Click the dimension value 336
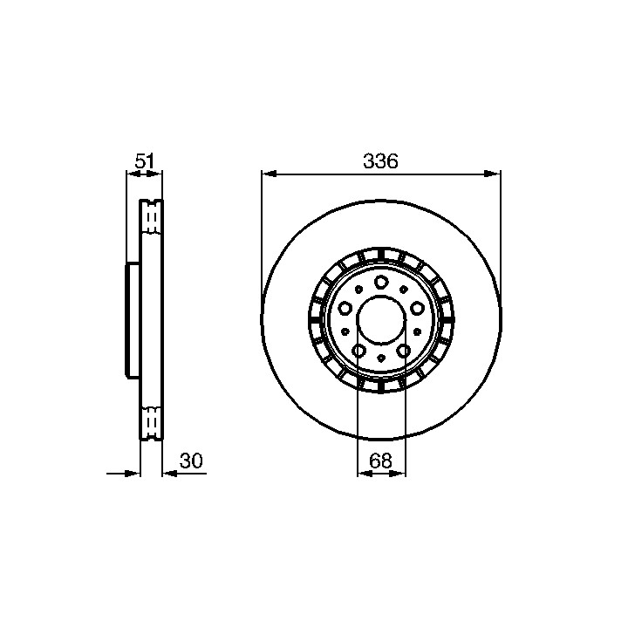[x=380, y=161]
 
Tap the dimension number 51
[x=144, y=161]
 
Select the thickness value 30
[x=191, y=461]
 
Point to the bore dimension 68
[x=380, y=461]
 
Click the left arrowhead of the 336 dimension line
[x=270, y=174]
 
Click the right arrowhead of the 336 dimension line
[x=493, y=174]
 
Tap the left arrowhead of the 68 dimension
[x=365, y=474]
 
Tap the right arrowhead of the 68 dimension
[x=398, y=474]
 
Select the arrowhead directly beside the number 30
[x=170, y=474]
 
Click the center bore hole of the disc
[x=381, y=319]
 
